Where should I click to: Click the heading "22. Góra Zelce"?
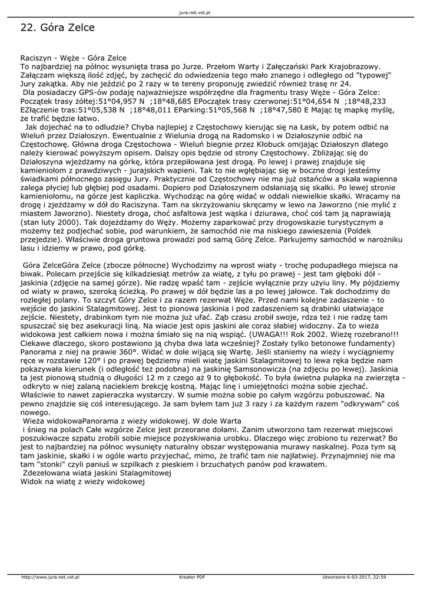[58, 28]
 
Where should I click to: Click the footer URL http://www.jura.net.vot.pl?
[51, 577]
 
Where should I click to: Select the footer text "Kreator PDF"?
[192, 577]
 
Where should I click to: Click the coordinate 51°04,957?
[112, 101]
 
